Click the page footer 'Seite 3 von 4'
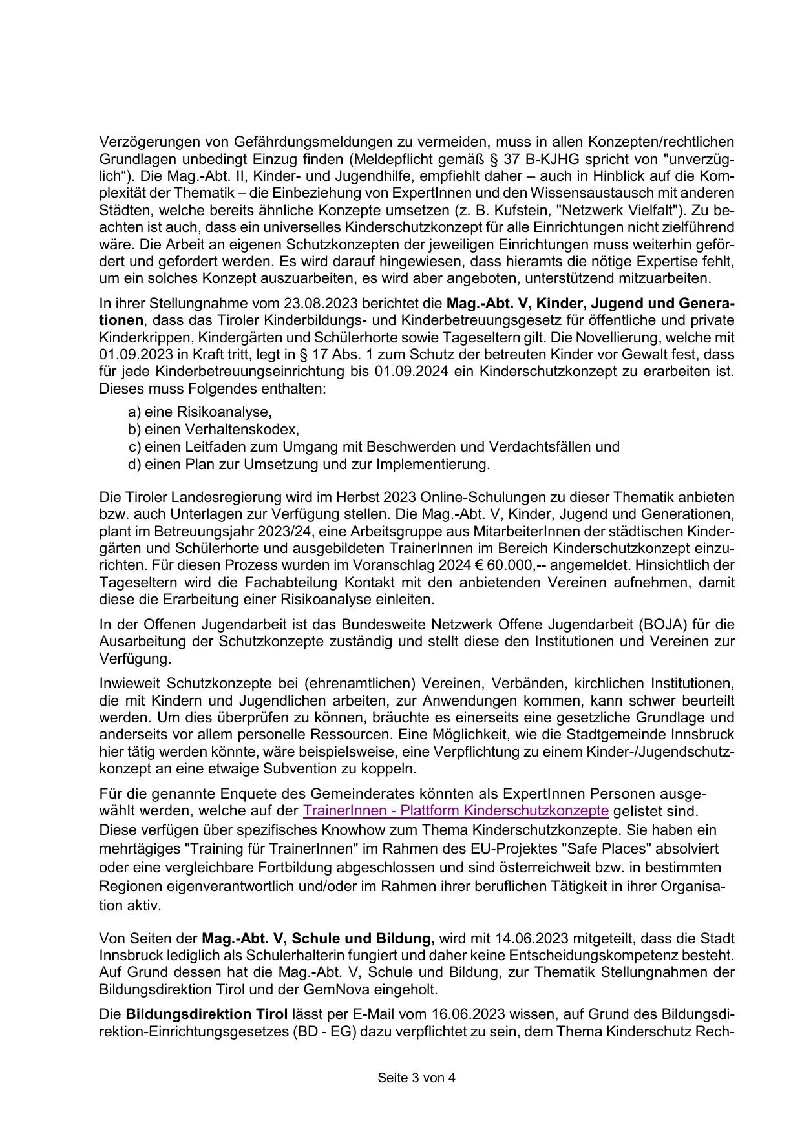tap(416, 1078)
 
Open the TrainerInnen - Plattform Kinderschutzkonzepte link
tap(456, 811)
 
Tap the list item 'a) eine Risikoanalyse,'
tap(200, 412)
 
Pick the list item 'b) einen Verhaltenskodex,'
tap(213, 430)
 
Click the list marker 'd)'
tap(134, 464)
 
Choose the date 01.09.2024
tap(410, 372)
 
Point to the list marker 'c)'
tap(134, 447)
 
